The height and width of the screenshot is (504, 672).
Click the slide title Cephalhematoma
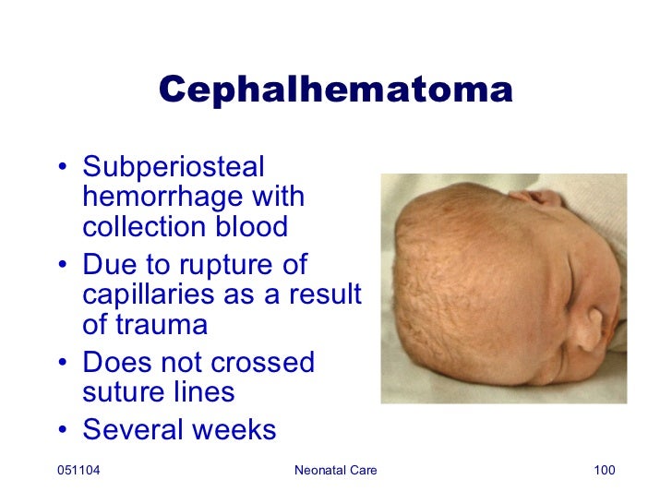[335, 90]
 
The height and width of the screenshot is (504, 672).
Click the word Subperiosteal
[174, 169]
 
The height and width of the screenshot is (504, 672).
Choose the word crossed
[263, 363]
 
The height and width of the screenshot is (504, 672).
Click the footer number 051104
[78, 473]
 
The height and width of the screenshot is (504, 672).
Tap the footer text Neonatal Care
[335, 473]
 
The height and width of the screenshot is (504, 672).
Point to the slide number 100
[603, 473]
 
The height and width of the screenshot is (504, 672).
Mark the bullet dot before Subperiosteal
[61, 170]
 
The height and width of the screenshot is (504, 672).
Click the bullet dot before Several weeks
[61, 431]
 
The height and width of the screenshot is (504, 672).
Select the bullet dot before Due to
[61, 267]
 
